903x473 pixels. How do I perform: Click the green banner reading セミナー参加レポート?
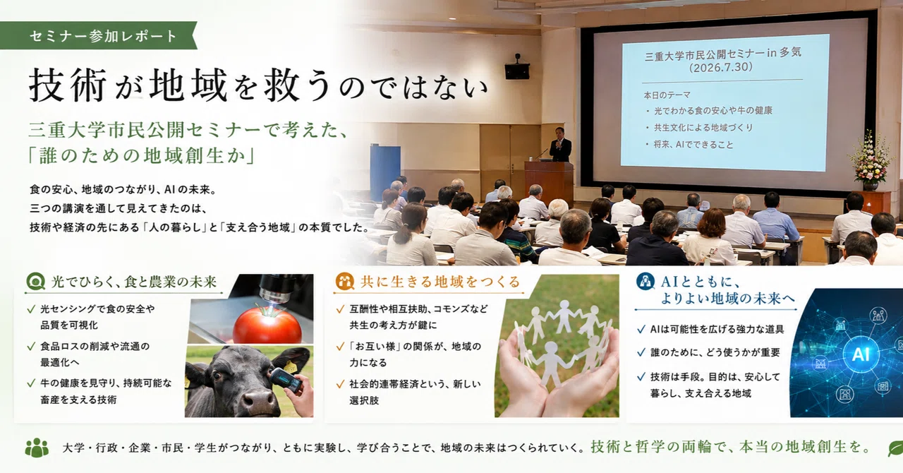pos(98,36)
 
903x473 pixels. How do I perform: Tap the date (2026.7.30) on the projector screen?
pos(720,67)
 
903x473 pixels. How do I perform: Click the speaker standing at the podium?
pos(560,145)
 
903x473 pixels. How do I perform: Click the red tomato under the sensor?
pos(267,325)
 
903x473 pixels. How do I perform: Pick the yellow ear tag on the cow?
pos(290,367)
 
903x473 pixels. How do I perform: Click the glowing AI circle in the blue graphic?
pos(860,354)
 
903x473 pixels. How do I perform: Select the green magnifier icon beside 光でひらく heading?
pos(35,281)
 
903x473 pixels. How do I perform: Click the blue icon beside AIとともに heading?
pos(645,281)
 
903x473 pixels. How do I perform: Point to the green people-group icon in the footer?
pos(37,448)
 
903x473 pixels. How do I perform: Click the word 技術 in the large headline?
pos(67,85)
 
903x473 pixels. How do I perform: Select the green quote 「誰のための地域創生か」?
pos(142,156)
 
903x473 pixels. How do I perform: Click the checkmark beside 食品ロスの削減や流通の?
pos(31,346)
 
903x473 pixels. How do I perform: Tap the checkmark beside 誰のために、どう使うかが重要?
pos(641,353)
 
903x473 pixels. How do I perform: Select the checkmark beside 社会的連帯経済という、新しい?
pos(340,384)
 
